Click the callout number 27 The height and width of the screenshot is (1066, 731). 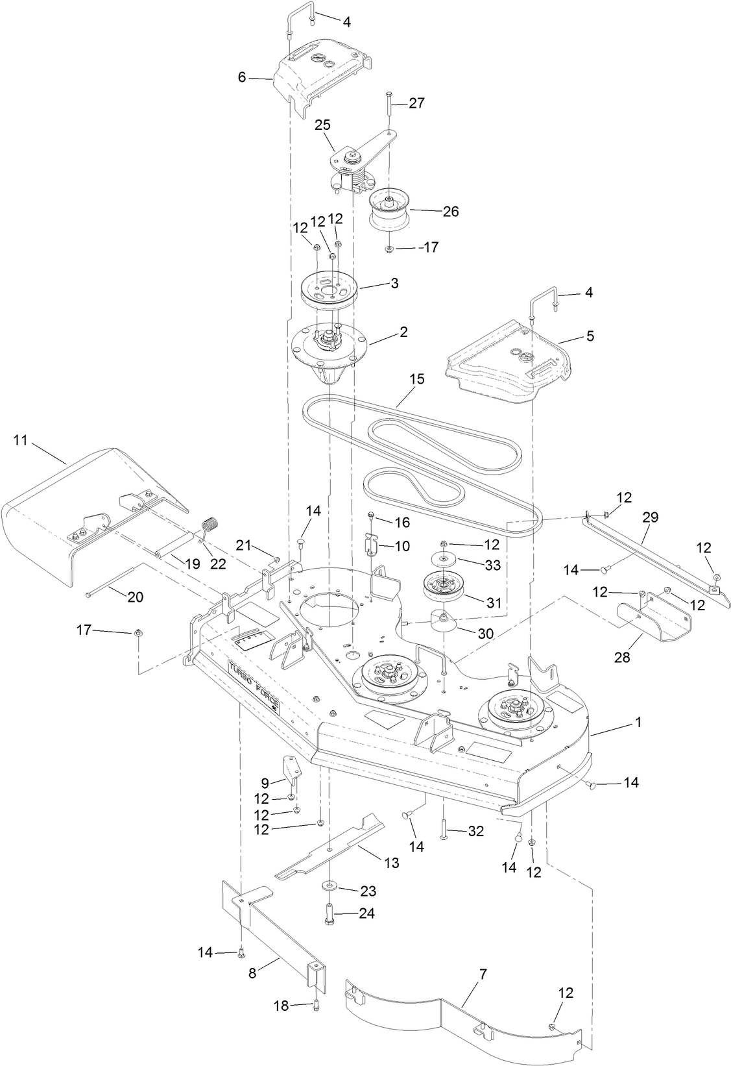point(416,103)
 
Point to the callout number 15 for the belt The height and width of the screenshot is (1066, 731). point(416,379)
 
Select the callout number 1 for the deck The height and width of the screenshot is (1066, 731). point(638,722)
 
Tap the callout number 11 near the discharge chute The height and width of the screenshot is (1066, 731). point(20,440)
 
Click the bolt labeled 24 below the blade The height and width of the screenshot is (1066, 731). point(329,914)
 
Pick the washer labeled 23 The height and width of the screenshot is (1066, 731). point(329,886)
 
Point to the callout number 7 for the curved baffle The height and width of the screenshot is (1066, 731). point(483,974)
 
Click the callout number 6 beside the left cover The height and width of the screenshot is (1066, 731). point(242,77)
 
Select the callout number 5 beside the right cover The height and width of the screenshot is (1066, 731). point(590,336)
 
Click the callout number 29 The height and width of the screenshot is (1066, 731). point(650,517)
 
